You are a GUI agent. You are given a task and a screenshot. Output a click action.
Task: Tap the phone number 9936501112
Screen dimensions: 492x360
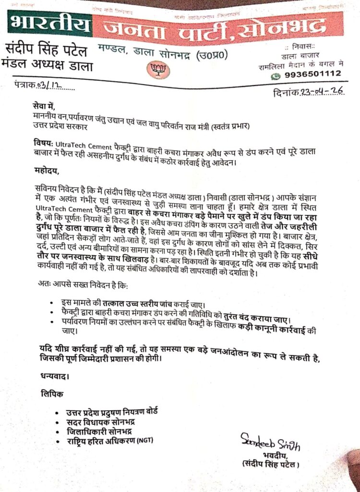point(313,74)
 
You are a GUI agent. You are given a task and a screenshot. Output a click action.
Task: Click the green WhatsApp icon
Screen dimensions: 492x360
point(276,75)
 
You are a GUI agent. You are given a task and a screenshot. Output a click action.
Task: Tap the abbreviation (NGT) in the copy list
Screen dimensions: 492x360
point(146,442)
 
